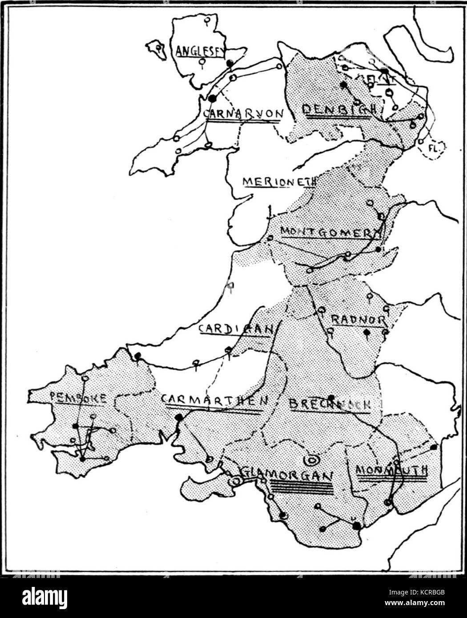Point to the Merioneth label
(279, 181)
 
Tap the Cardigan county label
(235, 329)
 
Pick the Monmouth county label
(392, 470)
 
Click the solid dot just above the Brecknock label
(331, 397)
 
